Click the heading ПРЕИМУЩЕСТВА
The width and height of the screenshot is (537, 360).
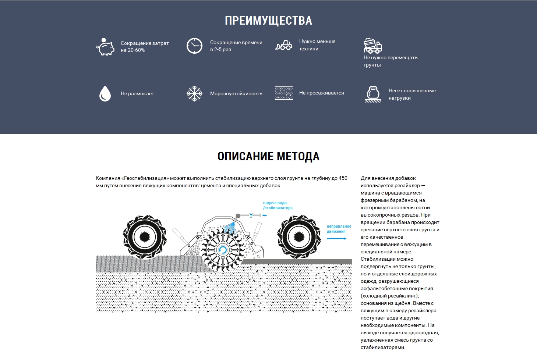(268, 21)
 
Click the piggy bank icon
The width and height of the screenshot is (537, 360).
(105, 47)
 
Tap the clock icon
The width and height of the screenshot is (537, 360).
(194, 46)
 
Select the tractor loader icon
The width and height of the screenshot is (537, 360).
(284, 45)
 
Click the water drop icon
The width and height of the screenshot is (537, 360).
(105, 93)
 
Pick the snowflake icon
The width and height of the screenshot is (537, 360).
(194, 93)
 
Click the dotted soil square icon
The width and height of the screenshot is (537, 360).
(284, 93)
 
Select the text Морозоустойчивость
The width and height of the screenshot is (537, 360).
(236, 94)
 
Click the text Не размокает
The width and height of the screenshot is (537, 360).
(137, 94)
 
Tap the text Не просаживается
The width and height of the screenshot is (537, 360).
(321, 93)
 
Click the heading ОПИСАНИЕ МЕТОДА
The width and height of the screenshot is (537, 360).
(268, 156)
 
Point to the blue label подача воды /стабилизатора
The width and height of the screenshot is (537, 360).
(278, 206)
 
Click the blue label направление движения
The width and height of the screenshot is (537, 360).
(339, 229)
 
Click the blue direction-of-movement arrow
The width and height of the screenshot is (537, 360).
(336, 239)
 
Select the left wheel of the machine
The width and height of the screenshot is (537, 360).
(145, 236)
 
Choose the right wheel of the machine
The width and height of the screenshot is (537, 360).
(299, 236)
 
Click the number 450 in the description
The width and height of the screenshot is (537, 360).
(343, 178)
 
